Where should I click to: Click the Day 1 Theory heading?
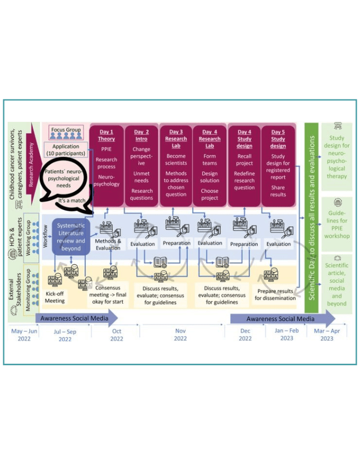(106, 136)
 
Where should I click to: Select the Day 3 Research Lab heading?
(176, 139)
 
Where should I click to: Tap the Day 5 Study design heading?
(278, 139)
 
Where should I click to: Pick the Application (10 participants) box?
(66, 150)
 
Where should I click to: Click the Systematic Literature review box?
(71, 237)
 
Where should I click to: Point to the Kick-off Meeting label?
(55, 297)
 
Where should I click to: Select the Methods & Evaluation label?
(108, 244)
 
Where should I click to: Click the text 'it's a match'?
(71, 200)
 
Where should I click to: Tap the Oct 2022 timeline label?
(117, 335)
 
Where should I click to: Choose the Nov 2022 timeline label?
(181, 335)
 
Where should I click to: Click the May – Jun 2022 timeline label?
(24, 335)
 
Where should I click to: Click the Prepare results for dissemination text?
(276, 294)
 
